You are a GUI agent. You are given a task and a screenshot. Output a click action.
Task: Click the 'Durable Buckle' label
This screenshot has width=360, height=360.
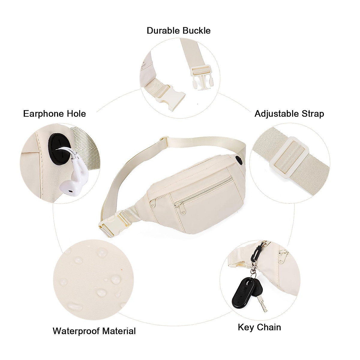pos(178,31)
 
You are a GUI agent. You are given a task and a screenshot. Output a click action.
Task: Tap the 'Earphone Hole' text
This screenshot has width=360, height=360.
pos(54,114)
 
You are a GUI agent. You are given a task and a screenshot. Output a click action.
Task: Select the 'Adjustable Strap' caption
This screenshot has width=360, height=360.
pos(289,114)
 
